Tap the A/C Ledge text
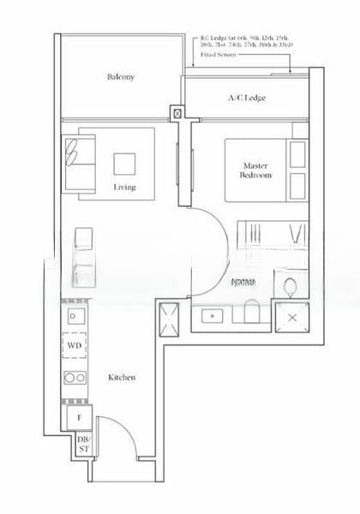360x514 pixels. (x=246, y=99)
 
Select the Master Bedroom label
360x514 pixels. (x=256, y=170)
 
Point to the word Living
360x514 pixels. (x=125, y=187)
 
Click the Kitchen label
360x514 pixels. (x=122, y=377)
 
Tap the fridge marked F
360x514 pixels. (x=77, y=417)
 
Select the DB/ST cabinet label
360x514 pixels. (x=83, y=443)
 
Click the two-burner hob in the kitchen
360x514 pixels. (x=75, y=376)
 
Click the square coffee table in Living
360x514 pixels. (x=124, y=162)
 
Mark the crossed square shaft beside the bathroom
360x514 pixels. (x=293, y=316)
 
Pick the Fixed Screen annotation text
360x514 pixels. (x=219, y=54)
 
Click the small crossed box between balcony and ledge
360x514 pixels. (x=177, y=112)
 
